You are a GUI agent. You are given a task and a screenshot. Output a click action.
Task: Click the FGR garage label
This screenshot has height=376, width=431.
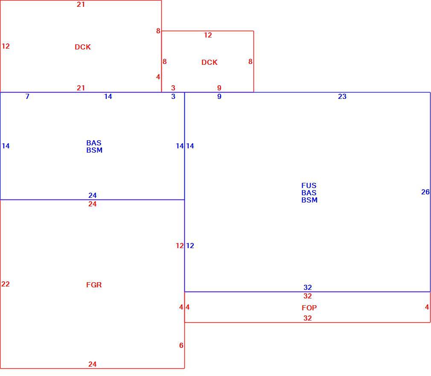94,285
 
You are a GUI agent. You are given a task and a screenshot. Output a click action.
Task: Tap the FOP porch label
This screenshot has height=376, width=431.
309,308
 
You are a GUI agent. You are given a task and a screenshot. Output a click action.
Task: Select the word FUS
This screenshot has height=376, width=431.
309,186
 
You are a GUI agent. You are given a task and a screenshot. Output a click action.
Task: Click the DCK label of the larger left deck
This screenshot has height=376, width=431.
83,47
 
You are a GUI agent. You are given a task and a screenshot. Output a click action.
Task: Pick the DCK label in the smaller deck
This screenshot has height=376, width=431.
210,62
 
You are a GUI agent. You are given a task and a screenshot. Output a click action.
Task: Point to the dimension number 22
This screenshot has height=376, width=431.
6,284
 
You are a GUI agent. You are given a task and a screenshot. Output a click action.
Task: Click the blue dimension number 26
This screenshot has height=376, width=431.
425,192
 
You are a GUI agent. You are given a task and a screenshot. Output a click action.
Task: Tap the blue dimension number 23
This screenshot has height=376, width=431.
342,96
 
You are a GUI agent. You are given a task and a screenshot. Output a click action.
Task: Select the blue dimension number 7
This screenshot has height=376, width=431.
27,96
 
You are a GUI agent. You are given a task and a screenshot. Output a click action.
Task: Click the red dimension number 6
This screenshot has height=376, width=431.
181,345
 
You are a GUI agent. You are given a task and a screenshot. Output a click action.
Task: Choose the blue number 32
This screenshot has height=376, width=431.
308,287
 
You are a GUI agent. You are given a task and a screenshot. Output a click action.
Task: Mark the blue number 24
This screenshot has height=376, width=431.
92,195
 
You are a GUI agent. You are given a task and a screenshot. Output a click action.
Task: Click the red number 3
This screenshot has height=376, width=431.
173,88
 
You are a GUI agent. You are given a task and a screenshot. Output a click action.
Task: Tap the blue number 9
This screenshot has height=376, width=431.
219,96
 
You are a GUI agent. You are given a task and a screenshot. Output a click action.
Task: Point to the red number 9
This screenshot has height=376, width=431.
219,88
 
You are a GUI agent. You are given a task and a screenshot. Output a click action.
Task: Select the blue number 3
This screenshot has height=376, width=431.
173,96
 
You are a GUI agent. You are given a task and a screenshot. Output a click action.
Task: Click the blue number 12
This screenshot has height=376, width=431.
190,246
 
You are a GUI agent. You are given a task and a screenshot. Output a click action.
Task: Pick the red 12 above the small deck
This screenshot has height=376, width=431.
208,35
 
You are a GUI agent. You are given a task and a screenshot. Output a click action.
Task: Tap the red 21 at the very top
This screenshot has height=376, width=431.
81,4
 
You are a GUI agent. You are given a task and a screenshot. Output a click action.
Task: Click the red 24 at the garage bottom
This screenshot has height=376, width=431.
92,364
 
